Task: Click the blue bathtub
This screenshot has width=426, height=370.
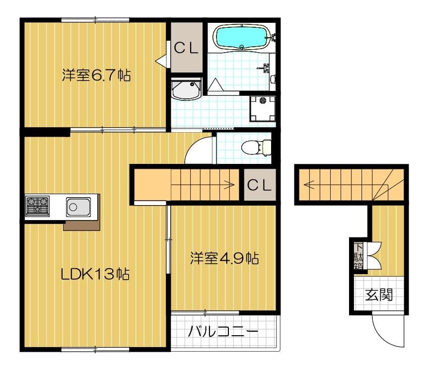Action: pos(242,37)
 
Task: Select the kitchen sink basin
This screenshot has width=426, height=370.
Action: pos(78,207)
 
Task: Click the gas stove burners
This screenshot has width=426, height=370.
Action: pos(38,205)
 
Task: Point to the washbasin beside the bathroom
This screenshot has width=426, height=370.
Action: pos(186,89)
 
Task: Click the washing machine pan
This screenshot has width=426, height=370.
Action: pos(263,108)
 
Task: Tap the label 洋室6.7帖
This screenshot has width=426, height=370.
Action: pos(96,75)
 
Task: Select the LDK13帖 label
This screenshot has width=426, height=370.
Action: pos(95,274)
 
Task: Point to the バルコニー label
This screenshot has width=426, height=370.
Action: pos(223,331)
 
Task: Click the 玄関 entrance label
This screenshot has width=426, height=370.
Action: pos(379,295)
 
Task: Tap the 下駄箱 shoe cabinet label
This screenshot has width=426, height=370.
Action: pos(358,256)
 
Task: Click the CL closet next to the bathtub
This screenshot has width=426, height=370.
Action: pos(186,48)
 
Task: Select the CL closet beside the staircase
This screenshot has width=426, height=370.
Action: pos(260,185)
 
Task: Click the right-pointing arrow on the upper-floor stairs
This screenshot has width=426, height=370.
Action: pos(203,185)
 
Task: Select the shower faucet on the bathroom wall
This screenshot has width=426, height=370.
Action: pos(265,68)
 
